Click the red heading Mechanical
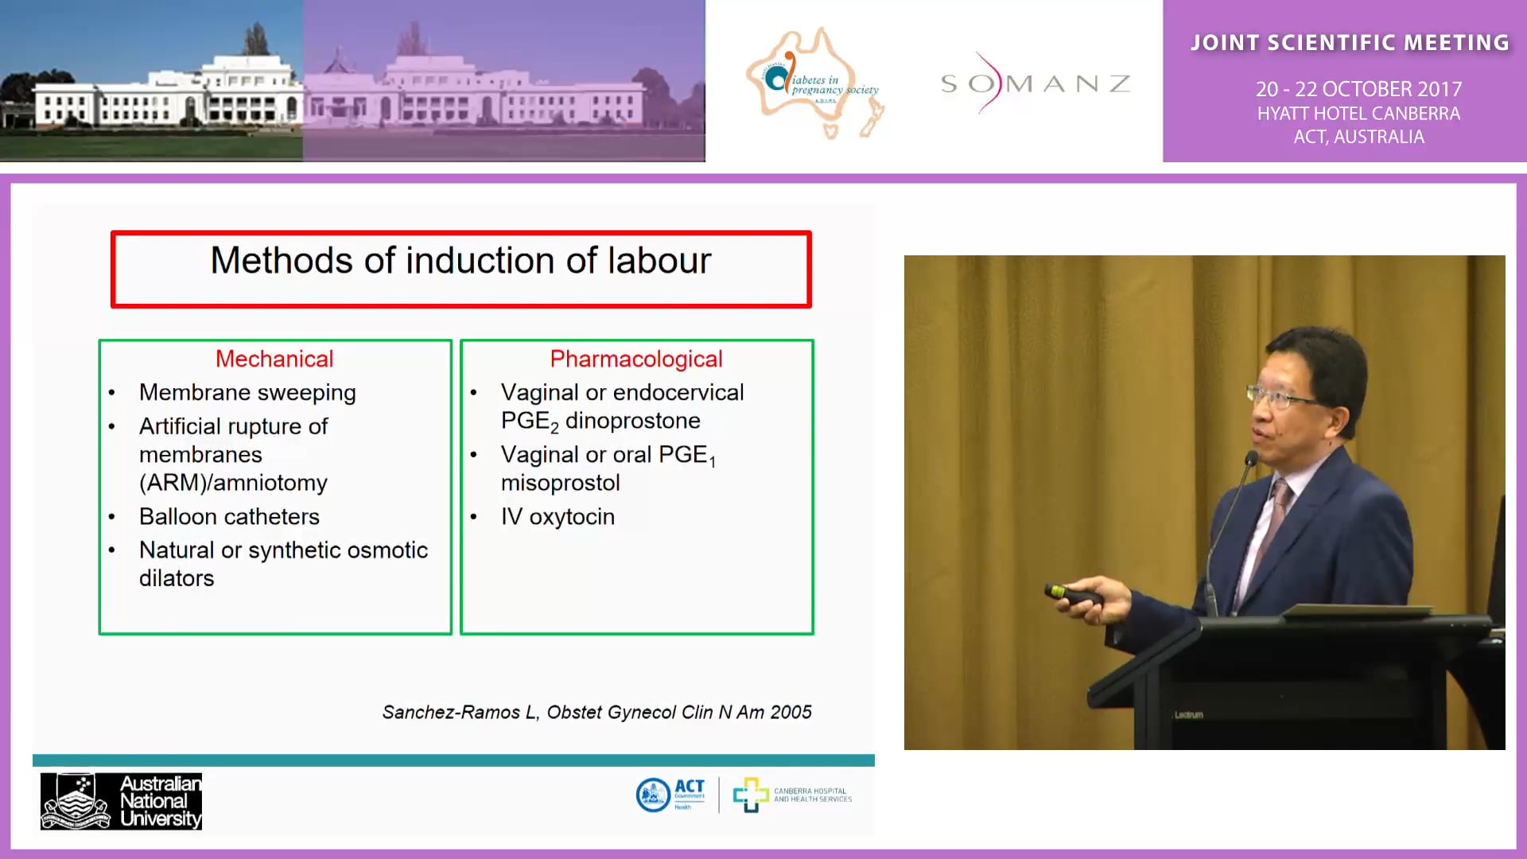pos(274,359)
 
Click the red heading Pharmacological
pos(636,359)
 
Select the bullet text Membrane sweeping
pos(247,392)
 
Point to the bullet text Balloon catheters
pos(229,516)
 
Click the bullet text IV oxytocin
pos(558,516)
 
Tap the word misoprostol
pos(560,483)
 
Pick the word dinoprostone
pos(632,421)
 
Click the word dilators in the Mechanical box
pos(177,578)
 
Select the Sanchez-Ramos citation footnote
pos(596,712)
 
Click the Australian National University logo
pos(121,801)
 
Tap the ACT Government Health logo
pos(670,795)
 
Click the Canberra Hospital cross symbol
pos(750,795)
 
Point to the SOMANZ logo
pos(1035,84)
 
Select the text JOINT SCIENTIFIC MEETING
pos(1350,43)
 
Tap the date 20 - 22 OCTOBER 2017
pos(1358,89)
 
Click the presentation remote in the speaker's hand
pos(1073,593)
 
